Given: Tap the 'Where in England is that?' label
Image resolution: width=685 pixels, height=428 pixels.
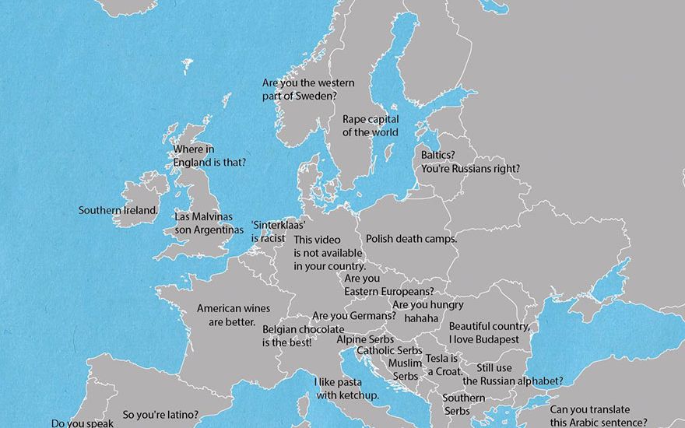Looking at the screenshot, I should (209, 156).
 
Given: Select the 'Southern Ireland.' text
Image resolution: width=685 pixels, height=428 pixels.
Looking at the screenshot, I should (118, 210).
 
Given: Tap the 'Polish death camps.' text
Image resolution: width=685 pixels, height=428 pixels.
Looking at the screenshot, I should (411, 239).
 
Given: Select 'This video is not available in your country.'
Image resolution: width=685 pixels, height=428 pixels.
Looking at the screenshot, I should (329, 253).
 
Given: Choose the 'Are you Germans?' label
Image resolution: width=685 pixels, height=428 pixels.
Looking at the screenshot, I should (353, 316).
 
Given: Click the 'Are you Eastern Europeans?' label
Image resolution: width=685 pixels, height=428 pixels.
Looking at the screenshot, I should (388, 285).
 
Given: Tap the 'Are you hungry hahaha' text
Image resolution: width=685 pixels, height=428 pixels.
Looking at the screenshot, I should (427, 311).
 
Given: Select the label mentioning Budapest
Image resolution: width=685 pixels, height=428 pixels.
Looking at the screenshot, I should (489, 333).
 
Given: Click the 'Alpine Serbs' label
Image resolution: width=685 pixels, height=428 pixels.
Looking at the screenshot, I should (365, 339).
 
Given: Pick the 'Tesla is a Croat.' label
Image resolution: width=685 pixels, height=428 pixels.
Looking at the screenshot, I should (444, 365).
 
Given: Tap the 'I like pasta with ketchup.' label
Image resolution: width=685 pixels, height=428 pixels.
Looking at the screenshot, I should (347, 389).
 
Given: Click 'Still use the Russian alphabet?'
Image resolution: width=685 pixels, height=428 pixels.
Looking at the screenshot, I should (512, 374).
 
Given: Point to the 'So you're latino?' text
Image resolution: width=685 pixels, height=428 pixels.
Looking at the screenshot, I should (160, 415).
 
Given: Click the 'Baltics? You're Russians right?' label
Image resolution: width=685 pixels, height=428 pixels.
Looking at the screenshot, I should (470, 161).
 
